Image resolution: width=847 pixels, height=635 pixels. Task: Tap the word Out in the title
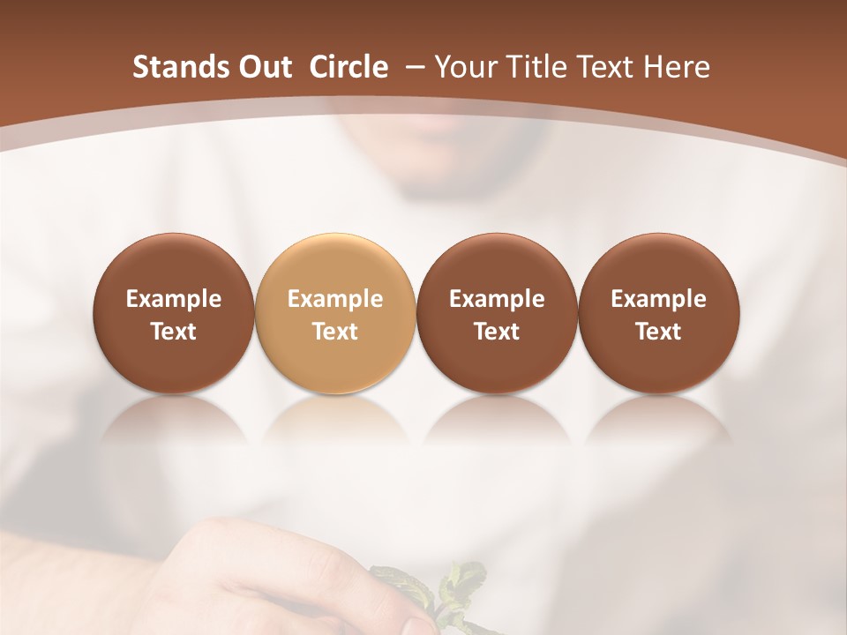tap(263, 67)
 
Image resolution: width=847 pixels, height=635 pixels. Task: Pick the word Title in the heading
tap(536, 67)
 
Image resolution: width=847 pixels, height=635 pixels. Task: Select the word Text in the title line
tap(604, 67)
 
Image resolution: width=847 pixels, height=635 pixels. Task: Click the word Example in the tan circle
tap(335, 299)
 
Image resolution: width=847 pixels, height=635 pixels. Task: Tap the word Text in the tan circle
tap(335, 332)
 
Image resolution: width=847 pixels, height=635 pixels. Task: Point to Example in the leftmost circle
tap(174, 299)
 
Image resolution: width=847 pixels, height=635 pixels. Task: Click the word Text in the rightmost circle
tap(658, 332)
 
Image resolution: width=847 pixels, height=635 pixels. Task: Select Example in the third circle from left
tap(497, 299)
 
